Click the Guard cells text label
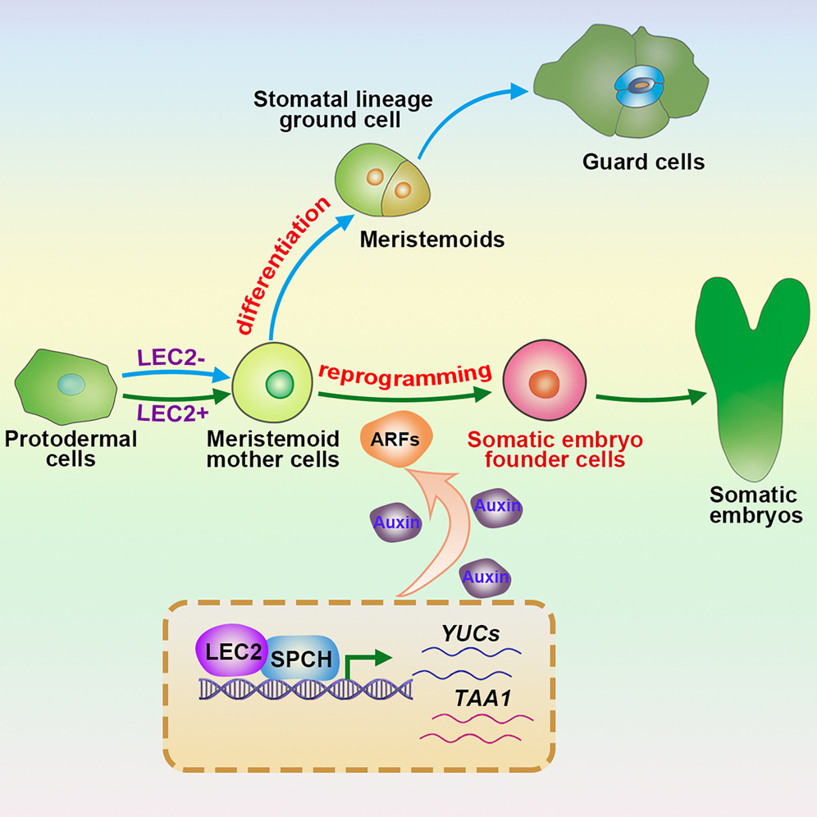pos(643,162)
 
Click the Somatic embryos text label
pos(754,505)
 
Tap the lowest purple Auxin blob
pos(485,577)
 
